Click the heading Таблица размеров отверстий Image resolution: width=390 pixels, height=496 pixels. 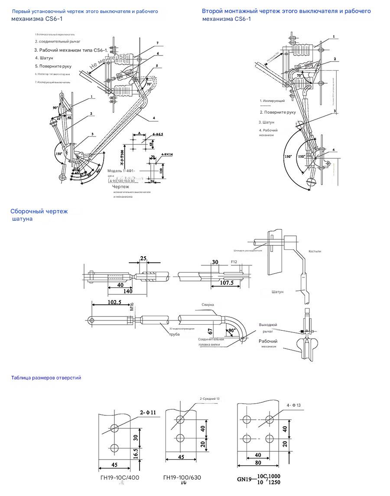pos(46,378)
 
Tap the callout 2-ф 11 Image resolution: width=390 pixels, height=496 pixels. pos(148,412)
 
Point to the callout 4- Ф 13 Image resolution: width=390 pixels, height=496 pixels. pos(293,405)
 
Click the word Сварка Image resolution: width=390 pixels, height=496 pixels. pos(208,304)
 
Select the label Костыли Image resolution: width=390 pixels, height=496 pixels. pos(315,251)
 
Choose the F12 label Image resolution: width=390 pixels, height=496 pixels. pos(234,262)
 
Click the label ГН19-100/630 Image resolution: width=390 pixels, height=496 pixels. pos(182,478)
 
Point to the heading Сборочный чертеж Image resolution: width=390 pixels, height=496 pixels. pos(39,211)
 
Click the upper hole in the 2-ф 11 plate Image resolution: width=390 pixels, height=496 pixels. pos(114,428)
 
